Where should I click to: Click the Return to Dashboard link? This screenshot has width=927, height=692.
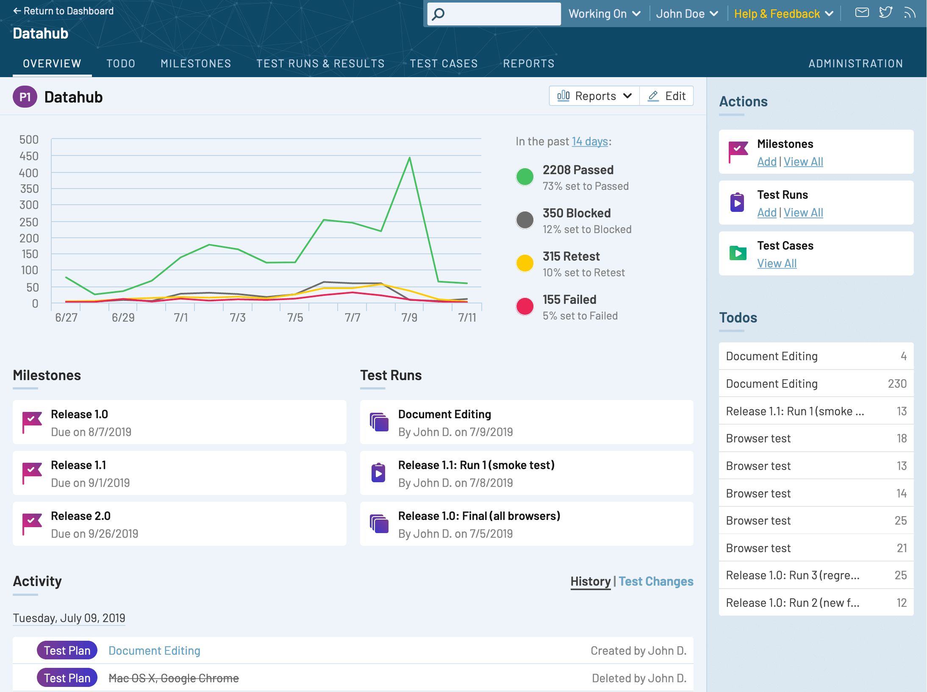[64, 11]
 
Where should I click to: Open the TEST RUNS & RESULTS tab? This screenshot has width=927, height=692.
[320, 64]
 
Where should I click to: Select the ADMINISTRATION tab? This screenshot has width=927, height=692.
[855, 64]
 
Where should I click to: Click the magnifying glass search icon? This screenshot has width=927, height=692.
[439, 14]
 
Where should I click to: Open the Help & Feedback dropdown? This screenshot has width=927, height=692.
[783, 14]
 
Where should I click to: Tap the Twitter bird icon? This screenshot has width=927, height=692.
[885, 12]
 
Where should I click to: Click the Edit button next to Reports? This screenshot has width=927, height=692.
[667, 96]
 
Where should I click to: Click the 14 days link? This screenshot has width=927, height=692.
[590, 142]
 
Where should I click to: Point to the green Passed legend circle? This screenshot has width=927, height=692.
[525, 177]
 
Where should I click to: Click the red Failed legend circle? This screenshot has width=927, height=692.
[525, 306]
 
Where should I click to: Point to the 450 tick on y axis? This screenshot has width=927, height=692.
[29, 156]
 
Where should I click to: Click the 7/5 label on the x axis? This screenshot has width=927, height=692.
[295, 318]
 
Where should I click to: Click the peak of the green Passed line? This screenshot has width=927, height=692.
[409, 158]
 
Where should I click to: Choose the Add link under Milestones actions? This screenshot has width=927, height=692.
[766, 162]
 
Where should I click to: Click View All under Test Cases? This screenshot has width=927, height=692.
[777, 264]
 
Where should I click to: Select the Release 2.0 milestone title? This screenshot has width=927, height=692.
[80, 516]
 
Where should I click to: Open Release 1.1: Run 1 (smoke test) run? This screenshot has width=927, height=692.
[476, 465]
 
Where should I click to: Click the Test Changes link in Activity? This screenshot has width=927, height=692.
[656, 581]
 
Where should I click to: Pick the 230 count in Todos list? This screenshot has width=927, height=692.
[897, 384]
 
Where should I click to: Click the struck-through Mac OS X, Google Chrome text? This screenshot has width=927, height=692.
[174, 678]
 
